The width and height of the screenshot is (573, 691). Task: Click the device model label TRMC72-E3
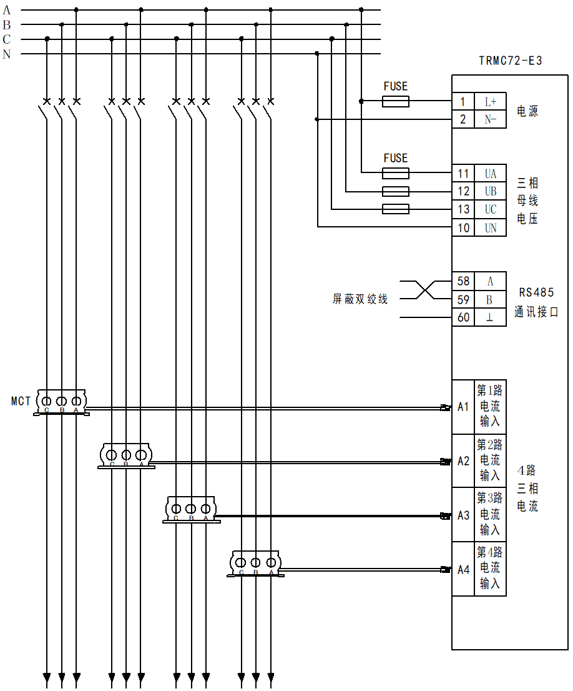pyautogui.click(x=510, y=61)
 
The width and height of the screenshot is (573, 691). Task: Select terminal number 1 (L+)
pyautogui.click(x=463, y=102)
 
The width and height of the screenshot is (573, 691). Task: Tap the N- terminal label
pyautogui.click(x=490, y=119)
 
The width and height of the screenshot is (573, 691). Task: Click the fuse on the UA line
pyautogui.click(x=395, y=173)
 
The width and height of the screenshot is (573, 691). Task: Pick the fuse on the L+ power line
pyautogui.click(x=395, y=102)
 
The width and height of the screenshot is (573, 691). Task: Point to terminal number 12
pyautogui.click(x=463, y=191)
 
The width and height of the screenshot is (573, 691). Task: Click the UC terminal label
pyautogui.click(x=491, y=210)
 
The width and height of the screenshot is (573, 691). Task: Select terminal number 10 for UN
pyautogui.click(x=463, y=228)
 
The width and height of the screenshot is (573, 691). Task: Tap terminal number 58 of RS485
pyautogui.click(x=463, y=282)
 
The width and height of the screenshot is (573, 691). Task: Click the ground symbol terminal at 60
pyautogui.click(x=490, y=318)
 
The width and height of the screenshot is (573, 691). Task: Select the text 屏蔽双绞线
pyautogui.click(x=360, y=299)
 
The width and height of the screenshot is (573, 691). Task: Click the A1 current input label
pyautogui.click(x=463, y=407)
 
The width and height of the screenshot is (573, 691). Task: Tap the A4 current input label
pyautogui.click(x=463, y=569)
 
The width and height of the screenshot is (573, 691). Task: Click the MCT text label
pyautogui.click(x=21, y=401)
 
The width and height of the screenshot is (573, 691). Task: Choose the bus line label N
pyautogui.click(x=7, y=54)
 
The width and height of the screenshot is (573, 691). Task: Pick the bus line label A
pyautogui.click(x=7, y=10)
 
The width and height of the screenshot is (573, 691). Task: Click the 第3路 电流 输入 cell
pyautogui.click(x=490, y=514)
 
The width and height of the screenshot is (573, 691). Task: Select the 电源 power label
pyautogui.click(x=527, y=111)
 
